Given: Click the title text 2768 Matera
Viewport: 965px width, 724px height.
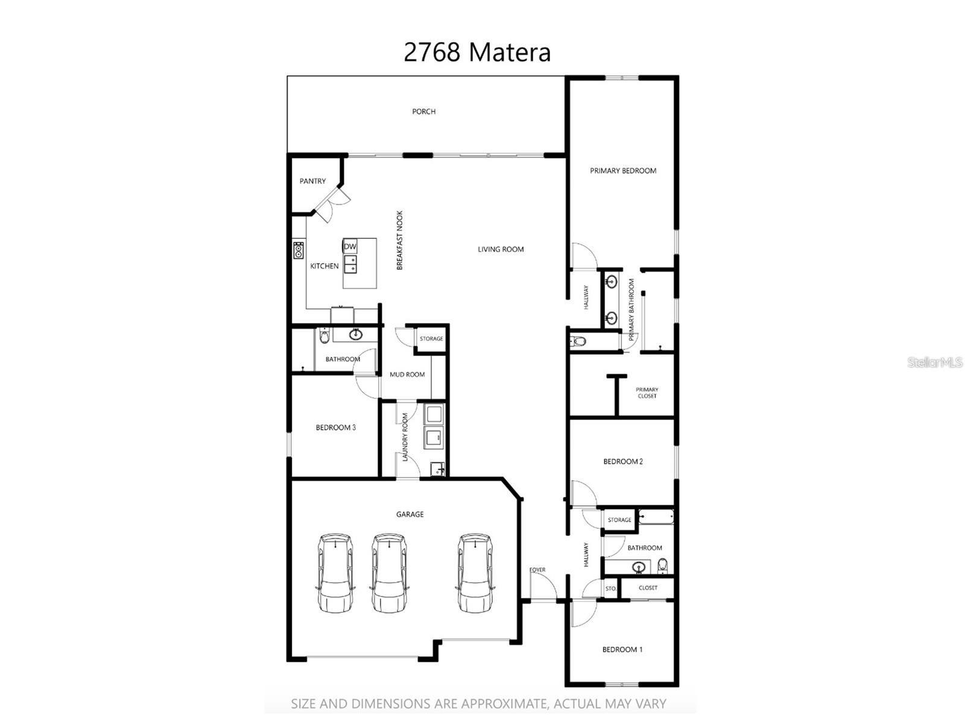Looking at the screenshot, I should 476,52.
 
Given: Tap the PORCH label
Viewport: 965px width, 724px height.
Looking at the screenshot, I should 423,112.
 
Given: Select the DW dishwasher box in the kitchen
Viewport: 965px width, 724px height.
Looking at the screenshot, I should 350,247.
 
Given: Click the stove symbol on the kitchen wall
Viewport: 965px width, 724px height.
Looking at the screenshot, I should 299,250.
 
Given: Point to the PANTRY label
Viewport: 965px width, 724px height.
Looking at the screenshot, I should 312,181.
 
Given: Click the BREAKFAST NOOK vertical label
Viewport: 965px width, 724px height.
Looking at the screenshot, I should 399,240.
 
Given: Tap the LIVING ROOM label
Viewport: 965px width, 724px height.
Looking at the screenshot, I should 501,249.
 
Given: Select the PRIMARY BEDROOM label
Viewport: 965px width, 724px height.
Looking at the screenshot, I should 623,171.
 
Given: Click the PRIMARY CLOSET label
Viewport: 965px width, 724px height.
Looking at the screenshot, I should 647,393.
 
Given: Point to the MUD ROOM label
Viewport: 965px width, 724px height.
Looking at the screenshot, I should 407,375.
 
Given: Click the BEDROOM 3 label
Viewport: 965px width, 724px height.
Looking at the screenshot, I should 335,428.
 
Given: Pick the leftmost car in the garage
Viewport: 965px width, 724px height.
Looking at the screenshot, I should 335,572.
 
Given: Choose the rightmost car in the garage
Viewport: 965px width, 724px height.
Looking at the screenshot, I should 475,572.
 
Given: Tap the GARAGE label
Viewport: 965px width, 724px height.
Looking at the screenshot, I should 410,515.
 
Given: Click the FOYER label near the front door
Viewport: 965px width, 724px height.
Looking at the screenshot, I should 537,570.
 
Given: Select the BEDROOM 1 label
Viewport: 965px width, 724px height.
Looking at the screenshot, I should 622,650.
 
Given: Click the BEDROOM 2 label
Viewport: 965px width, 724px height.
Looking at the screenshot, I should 623,462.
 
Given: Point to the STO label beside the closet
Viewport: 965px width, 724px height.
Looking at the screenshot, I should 610,588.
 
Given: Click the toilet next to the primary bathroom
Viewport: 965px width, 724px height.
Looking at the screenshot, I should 578,341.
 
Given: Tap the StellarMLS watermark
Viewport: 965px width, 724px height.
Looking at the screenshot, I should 935,363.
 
